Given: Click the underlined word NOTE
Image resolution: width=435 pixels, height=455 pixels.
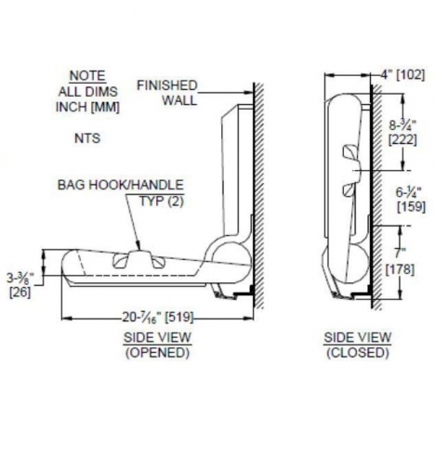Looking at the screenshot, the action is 87,76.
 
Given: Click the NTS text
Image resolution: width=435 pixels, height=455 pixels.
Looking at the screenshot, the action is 87,138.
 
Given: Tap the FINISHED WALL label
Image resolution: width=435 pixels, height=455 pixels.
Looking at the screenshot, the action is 167,93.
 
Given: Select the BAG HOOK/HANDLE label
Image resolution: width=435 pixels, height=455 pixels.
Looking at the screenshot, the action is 121,185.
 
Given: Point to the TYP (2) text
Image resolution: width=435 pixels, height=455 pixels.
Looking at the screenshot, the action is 162,201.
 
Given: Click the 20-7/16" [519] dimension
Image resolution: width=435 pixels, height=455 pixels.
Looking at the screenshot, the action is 158,318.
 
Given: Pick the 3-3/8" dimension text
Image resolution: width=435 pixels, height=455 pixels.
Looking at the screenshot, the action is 20,278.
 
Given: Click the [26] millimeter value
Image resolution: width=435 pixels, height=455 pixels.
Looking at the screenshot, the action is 20,292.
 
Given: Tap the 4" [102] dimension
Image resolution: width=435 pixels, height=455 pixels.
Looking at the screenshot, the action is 402,75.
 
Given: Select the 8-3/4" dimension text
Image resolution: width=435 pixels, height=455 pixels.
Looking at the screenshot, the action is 402,125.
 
